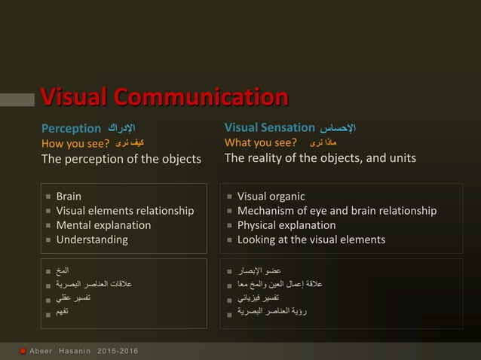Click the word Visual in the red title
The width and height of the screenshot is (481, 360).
pyautogui.click(x=73, y=98)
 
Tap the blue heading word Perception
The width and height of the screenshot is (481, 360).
pyautogui.click(x=71, y=128)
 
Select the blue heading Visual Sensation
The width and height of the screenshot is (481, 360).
pyautogui.click(x=269, y=127)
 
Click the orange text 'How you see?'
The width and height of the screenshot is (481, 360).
pyautogui.click(x=75, y=143)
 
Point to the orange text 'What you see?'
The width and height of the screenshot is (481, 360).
pyautogui.click(x=261, y=143)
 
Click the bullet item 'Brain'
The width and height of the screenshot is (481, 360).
pyautogui.click(x=69, y=197)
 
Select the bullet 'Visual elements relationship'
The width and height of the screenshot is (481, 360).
pyautogui.click(x=124, y=211)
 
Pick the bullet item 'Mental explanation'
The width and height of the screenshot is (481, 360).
pyautogui.click(x=103, y=225)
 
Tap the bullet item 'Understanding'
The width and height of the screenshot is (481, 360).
pyautogui.click(x=92, y=239)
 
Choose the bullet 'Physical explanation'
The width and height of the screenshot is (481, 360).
pyautogui.click(x=286, y=225)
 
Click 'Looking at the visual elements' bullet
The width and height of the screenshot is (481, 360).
pyautogui.click(x=311, y=239)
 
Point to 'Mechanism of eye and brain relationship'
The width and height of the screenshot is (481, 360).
pyautogui.click(x=336, y=211)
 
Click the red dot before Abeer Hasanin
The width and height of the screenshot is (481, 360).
pyautogui.click(x=23, y=351)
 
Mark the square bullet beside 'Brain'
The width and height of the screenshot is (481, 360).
pyautogui.click(x=48, y=197)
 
